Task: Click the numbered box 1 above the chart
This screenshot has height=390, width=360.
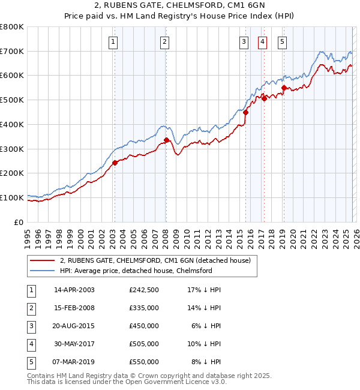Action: click(113, 41)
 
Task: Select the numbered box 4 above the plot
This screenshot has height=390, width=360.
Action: click(263, 41)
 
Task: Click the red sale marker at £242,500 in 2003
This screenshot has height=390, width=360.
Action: click(115, 163)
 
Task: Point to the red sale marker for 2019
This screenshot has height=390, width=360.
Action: click(284, 88)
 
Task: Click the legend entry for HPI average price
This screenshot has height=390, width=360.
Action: click(136, 271)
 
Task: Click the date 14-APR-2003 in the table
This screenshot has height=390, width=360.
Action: click(74, 290)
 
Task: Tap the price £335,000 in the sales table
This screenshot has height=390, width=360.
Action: click(144, 308)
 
